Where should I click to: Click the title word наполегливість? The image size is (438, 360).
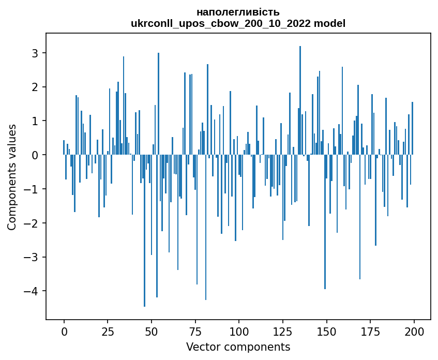click(238, 12)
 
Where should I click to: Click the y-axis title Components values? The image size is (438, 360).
click(11, 177)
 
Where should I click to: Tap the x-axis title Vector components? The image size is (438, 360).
click(238, 347)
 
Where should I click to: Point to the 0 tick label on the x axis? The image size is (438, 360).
click(64, 331)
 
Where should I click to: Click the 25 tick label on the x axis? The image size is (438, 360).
click(108, 331)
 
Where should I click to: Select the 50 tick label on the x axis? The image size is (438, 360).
click(152, 331)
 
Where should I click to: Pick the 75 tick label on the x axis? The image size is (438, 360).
click(195, 331)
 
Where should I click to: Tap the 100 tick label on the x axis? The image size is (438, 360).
click(239, 331)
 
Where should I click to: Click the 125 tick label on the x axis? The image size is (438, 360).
click(282, 331)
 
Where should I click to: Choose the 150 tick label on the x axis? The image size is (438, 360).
click(326, 331)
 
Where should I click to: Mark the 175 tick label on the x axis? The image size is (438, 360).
click(370, 331)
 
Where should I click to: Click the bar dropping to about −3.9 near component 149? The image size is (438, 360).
click(325, 222)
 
